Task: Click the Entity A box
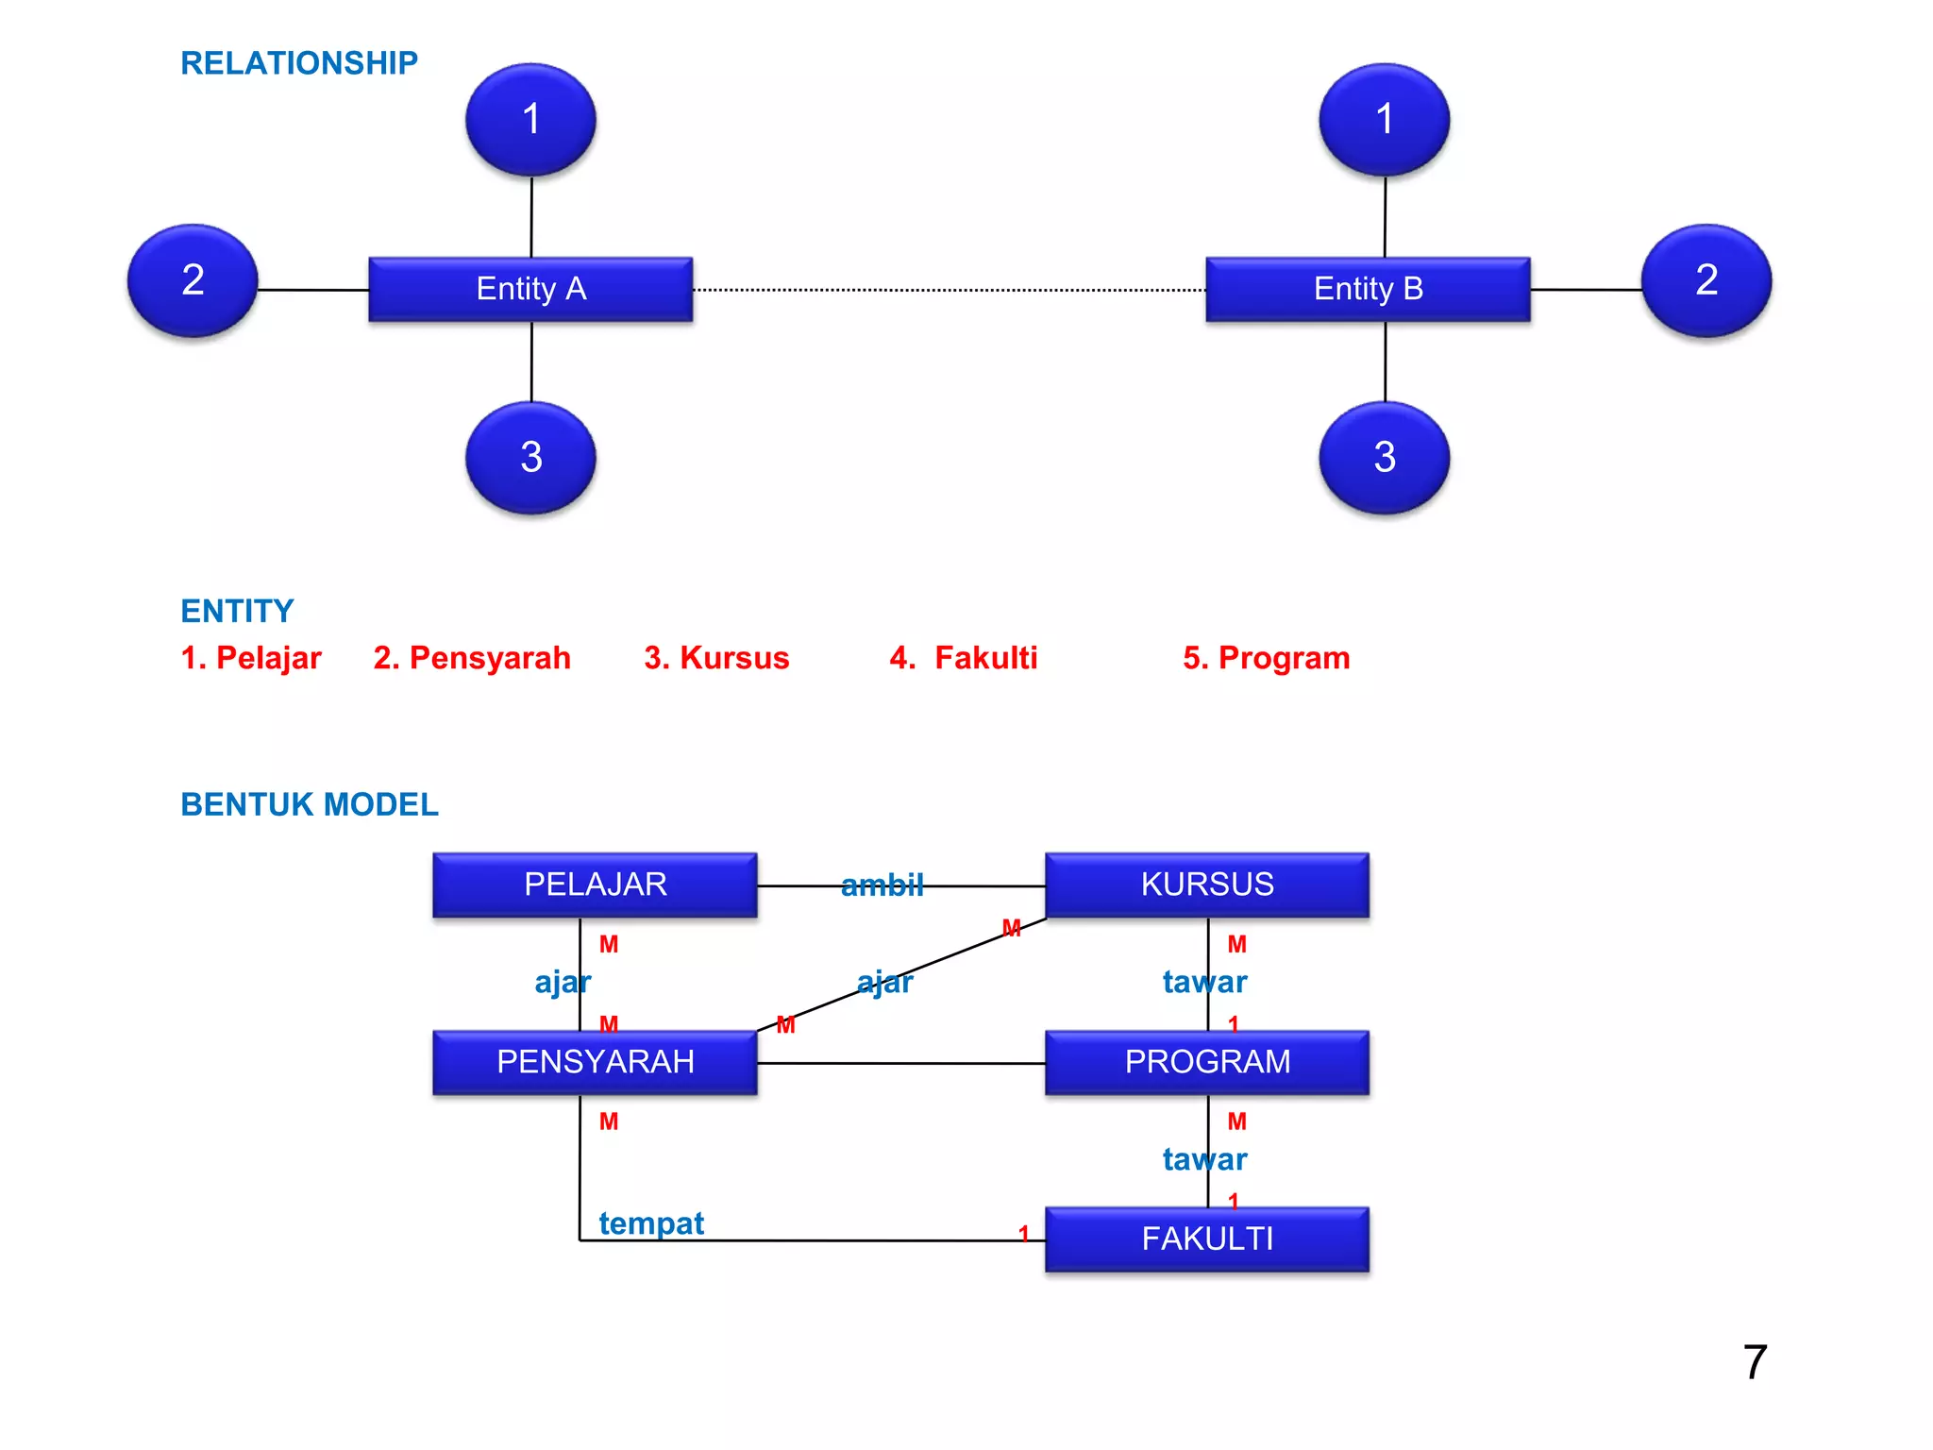click(x=530, y=289)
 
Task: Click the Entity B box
click(x=1368, y=289)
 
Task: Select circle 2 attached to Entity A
click(x=193, y=280)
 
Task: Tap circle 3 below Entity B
click(x=1384, y=458)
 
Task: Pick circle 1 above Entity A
click(x=530, y=120)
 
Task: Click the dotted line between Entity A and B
click(x=949, y=290)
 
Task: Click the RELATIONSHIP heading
click(x=298, y=63)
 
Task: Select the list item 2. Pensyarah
click(x=472, y=658)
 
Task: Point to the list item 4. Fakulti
click(x=963, y=658)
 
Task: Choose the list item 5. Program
click(x=1266, y=658)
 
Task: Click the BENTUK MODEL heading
click(x=310, y=804)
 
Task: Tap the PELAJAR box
click(x=595, y=885)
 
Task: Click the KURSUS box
click(x=1206, y=885)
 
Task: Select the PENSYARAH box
click(x=595, y=1062)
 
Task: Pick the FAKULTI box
click(x=1206, y=1239)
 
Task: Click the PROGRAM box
click(x=1206, y=1062)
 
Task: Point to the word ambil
click(x=882, y=885)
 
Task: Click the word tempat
click(x=651, y=1223)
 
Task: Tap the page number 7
click(x=1755, y=1362)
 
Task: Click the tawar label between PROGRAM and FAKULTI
click(x=1204, y=1159)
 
